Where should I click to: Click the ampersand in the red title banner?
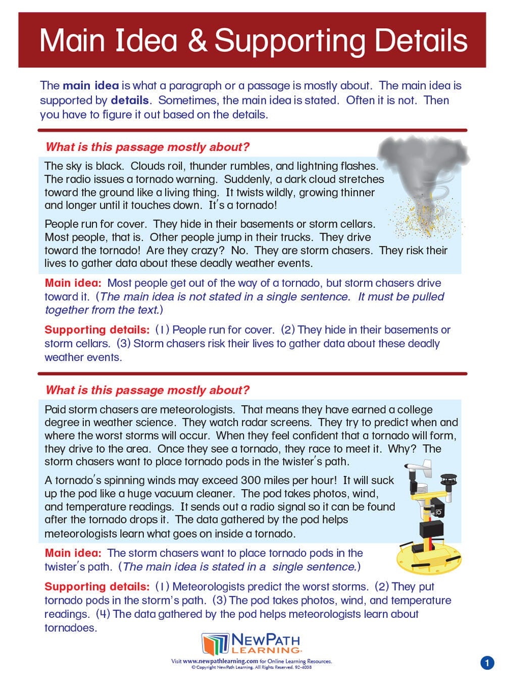197,40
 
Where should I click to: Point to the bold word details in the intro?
130,100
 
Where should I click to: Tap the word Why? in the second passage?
403,449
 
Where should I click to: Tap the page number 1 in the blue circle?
487,662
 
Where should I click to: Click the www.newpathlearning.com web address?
220,661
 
